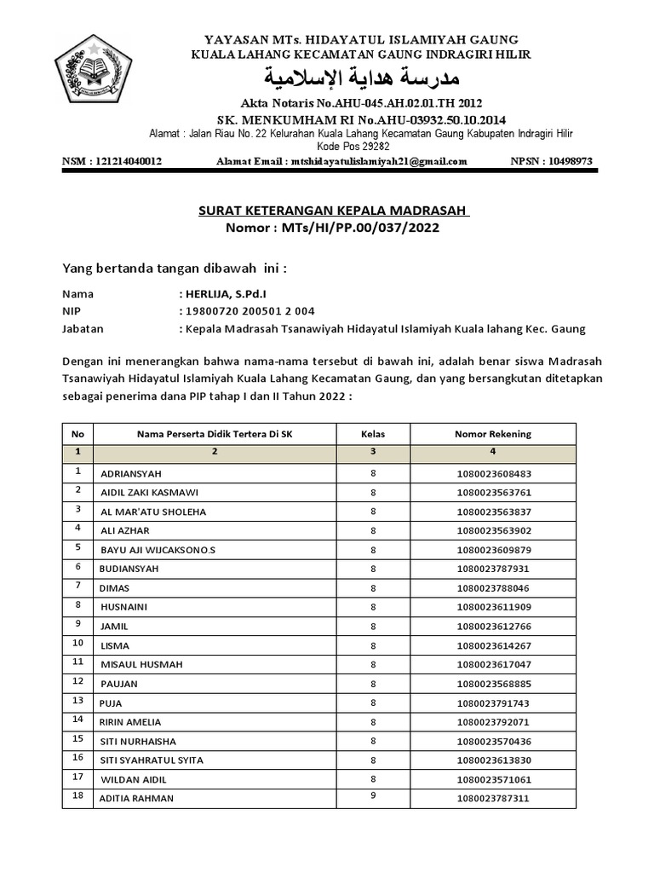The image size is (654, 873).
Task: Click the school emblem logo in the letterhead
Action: pos(94,74)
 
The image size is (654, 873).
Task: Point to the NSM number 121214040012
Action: pos(112,161)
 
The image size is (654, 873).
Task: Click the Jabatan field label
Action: pos(83,329)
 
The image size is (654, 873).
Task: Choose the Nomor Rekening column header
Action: pos(493,434)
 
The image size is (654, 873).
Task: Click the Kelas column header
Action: pos(373,434)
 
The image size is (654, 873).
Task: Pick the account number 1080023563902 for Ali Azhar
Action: pos(493,530)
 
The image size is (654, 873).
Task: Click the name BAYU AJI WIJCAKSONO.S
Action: pos(158,550)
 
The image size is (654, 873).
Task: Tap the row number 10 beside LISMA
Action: pos(77,643)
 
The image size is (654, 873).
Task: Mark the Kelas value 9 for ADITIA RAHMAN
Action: pos(373,796)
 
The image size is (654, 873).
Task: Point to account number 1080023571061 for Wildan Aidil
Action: pos(493,779)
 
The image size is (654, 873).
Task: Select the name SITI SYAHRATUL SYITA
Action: pos(152,760)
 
